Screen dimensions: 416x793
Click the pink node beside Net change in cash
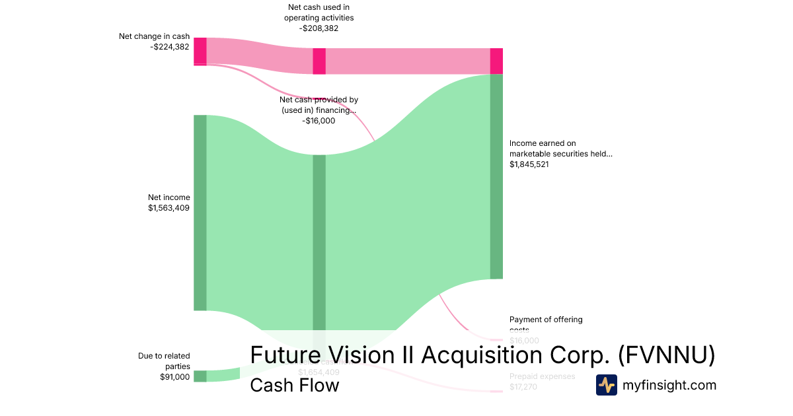click(200, 51)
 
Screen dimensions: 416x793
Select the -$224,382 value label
click(170, 47)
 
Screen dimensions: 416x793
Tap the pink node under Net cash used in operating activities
click(319, 61)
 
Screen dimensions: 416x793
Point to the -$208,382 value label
click(319, 28)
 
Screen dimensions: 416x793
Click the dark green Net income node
click(200, 212)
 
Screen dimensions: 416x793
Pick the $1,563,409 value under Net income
click(169, 208)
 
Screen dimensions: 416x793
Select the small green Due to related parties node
click(200, 376)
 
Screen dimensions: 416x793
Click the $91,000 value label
click(174, 377)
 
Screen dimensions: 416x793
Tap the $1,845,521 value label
click(529, 164)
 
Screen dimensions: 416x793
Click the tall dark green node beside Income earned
click(496, 176)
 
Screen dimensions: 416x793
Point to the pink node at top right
click(496, 61)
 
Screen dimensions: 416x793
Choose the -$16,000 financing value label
click(319, 121)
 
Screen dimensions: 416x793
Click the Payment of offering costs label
click(546, 320)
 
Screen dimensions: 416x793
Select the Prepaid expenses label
click(542, 376)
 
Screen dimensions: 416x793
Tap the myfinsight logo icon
click(606, 385)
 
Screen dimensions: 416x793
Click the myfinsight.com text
click(669, 385)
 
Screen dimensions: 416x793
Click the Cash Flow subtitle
click(294, 385)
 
